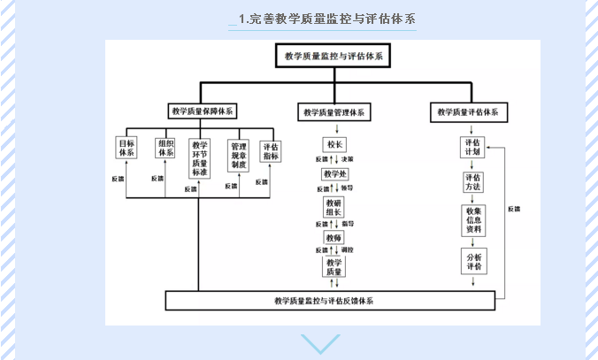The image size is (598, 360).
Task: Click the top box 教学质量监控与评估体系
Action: pos(333,57)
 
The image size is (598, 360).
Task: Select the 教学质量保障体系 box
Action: pos(203,111)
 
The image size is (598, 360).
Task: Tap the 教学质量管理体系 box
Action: pos(333,112)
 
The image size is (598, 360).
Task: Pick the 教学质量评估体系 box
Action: pos(468,112)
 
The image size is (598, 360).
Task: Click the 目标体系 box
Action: pos(126,147)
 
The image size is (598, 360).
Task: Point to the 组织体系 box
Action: pos(165,147)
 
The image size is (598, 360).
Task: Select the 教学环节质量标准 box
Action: pos(200,158)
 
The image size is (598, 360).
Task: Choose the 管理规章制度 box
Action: pos(239,153)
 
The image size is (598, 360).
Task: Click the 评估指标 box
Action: pos(271,151)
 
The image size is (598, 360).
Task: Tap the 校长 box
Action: pos(334,144)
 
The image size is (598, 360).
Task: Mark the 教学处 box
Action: pos(334,175)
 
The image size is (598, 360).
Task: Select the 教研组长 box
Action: pos(334,207)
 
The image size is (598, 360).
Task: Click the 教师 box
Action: pos(334,238)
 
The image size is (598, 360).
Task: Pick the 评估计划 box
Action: pos(473,147)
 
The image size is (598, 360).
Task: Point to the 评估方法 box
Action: pos(473,182)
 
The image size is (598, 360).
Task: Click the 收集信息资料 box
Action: pos(473,220)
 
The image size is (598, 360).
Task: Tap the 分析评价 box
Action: pos(473,261)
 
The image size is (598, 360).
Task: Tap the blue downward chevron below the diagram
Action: pos(319,343)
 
